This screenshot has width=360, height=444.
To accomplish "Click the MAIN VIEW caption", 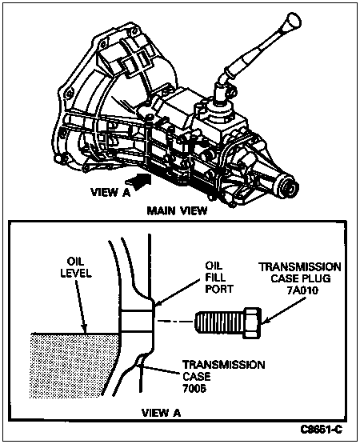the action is pos(178,211).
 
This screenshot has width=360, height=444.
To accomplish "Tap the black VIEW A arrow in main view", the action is pos(138,182).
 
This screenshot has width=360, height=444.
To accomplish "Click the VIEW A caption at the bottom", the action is pos(161,413).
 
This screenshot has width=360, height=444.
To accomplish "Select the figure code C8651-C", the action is pos(322,430).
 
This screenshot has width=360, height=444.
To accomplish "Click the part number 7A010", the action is pos(302,290).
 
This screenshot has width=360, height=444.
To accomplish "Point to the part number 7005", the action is pos(194,388).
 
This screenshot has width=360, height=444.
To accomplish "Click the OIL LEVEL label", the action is pos(76,267).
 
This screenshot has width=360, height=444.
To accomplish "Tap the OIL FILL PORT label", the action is pos(219,278).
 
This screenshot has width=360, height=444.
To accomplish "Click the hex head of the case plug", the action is pos(252,322).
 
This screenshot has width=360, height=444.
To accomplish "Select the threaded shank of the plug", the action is pos(220,322).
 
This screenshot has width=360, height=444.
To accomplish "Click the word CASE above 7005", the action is pos(196,376).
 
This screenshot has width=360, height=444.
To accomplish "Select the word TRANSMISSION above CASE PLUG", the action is pos(300,267).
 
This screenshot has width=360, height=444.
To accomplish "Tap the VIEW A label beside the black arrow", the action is pos(110,193).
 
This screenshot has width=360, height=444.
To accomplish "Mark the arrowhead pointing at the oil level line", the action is pos(84,328).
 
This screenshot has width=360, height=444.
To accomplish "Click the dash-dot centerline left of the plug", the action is pos(175,321).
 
